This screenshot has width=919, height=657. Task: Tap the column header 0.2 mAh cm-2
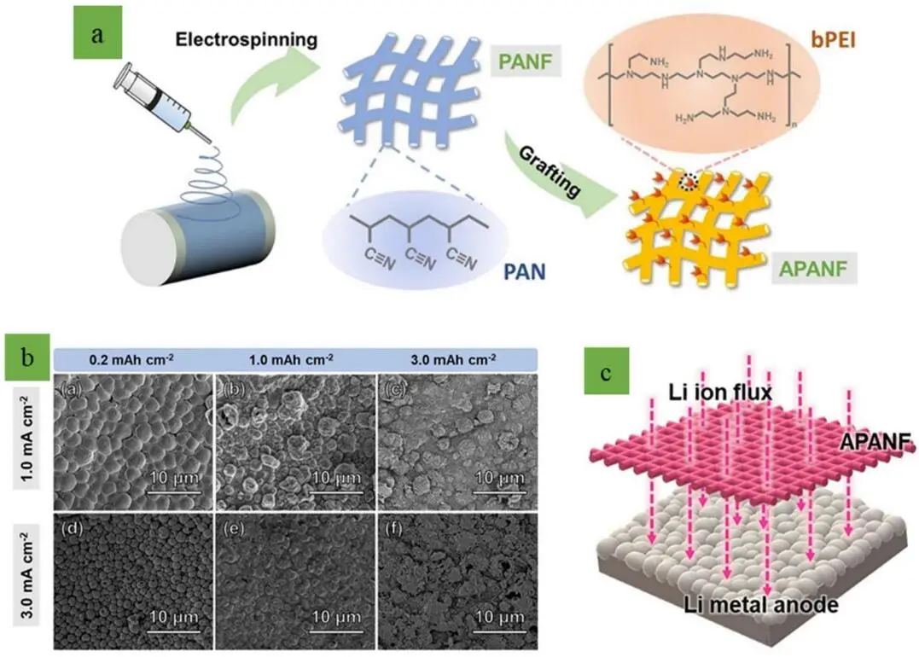[x=127, y=358]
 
